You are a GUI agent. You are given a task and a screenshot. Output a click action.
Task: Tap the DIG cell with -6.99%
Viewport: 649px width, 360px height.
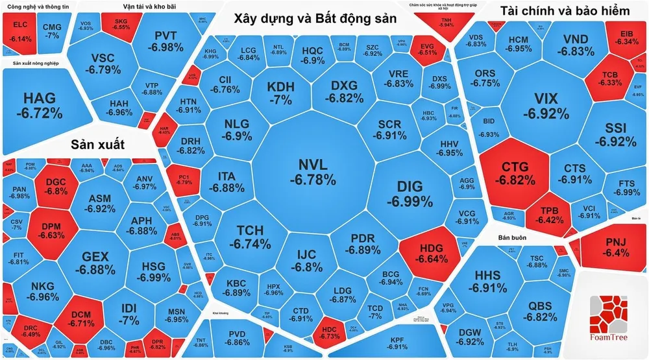[x=410, y=193]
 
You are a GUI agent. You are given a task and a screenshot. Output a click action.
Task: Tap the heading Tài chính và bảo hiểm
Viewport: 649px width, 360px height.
[x=565, y=12]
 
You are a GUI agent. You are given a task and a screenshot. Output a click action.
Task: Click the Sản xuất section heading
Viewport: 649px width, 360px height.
[x=97, y=143]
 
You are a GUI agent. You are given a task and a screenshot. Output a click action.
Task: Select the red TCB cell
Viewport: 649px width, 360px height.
[x=609, y=78]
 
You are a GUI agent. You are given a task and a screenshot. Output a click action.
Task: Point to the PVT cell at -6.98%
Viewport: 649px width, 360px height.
[x=165, y=41]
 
